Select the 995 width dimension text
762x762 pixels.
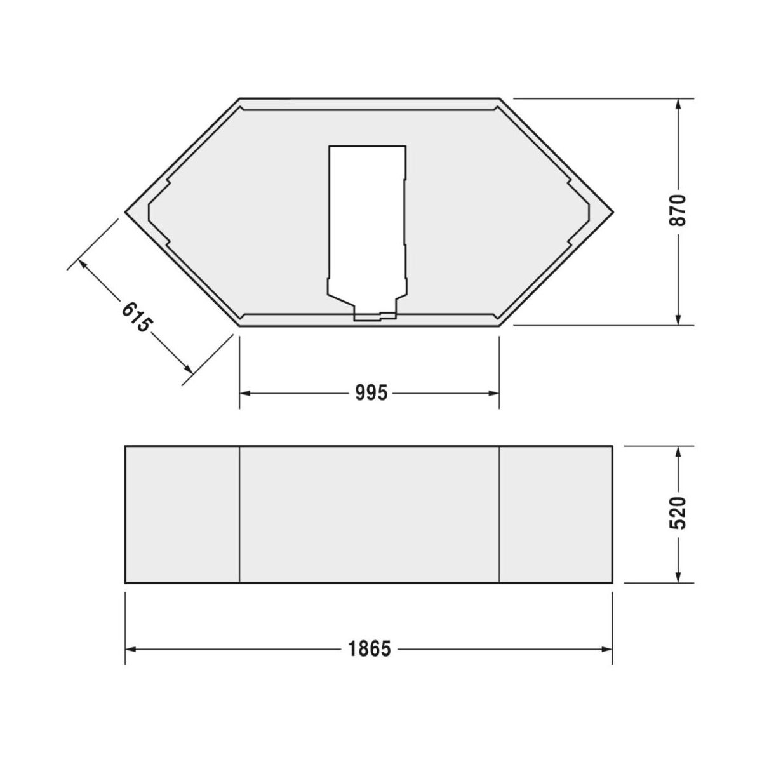click(x=370, y=393)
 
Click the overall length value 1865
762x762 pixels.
click(x=370, y=650)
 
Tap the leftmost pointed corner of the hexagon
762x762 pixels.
click(x=126, y=212)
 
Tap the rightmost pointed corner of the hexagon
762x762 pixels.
click(x=613, y=212)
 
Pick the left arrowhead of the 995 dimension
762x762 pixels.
click(x=246, y=393)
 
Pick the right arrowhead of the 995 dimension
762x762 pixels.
click(x=493, y=393)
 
